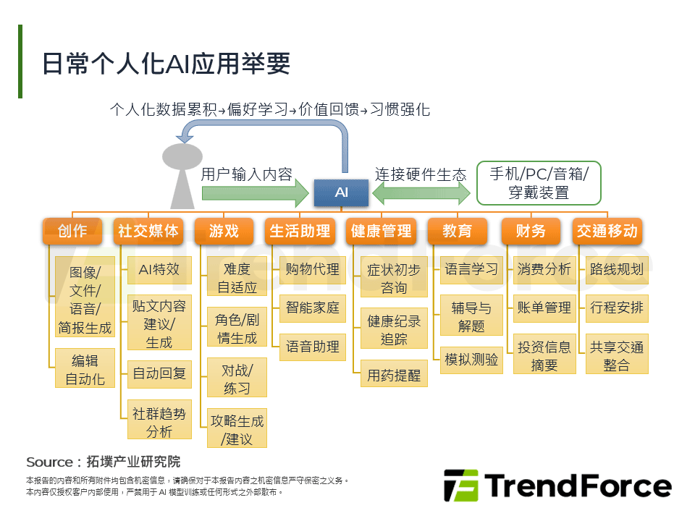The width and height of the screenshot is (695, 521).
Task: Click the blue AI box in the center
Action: [x=341, y=192]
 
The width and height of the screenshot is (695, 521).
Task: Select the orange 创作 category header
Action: [x=72, y=231]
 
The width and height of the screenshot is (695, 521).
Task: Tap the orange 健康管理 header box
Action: [x=381, y=231]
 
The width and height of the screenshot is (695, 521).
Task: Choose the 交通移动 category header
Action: [x=607, y=231]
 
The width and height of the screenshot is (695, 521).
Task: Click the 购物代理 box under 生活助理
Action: [x=312, y=269]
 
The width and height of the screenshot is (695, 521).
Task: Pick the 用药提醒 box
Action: [x=394, y=376]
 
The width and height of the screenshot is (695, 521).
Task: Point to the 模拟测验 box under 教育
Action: [x=471, y=359]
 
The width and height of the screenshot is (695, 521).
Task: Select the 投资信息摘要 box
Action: [x=544, y=355]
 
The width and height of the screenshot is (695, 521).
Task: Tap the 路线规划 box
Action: [x=617, y=269]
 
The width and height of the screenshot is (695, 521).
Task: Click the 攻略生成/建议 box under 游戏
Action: [x=237, y=429]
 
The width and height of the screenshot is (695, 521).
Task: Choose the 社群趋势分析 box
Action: [x=159, y=422]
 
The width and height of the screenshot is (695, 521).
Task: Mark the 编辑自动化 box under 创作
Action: [x=85, y=369]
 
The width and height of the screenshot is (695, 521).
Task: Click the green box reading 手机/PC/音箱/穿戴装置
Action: [x=539, y=183]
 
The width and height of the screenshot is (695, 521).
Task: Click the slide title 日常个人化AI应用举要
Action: [x=167, y=64]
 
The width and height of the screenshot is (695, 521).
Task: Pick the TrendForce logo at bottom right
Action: [x=557, y=486]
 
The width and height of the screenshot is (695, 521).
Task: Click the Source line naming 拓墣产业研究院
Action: [x=104, y=462]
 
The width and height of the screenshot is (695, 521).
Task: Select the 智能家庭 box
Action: [x=312, y=308]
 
